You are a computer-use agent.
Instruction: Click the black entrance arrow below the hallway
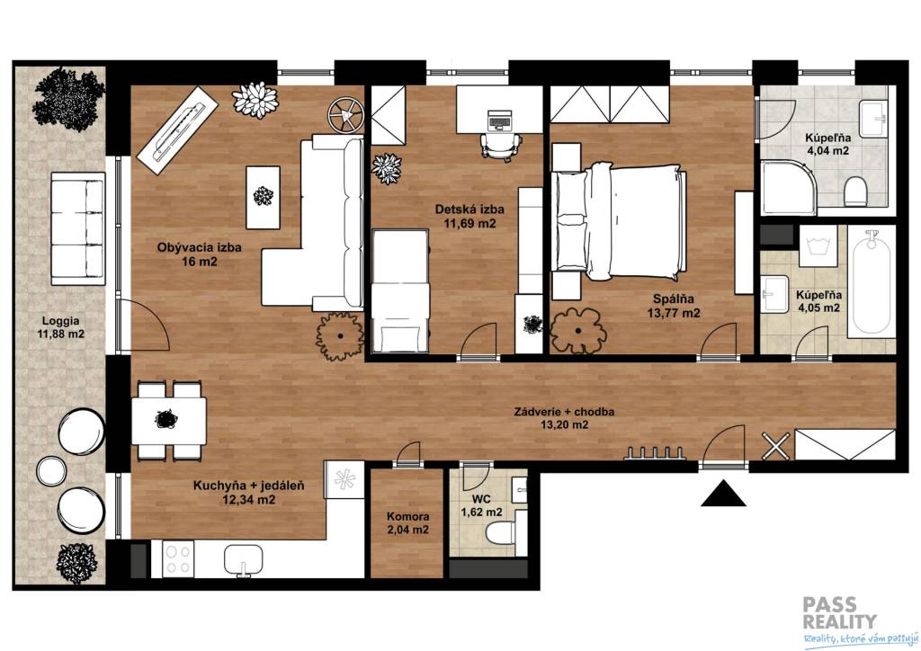(x=723, y=495)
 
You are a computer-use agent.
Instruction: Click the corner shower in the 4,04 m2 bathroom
(x=787, y=187)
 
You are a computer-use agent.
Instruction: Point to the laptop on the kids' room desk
(x=499, y=120)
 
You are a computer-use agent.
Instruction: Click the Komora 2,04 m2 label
(x=407, y=523)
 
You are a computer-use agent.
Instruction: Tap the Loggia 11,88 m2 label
(x=60, y=327)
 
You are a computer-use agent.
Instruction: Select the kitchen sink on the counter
(x=243, y=560)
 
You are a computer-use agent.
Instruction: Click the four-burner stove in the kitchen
(x=179, y=558)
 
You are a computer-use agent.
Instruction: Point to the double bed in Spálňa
(x=619, y=222)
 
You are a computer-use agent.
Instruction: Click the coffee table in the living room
(x=263, y=197)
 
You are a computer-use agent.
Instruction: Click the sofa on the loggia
(x=78, y=228)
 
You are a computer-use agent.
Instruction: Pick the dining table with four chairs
(x=169, y=421)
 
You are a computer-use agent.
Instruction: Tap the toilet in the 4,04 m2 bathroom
(x=855, y=192)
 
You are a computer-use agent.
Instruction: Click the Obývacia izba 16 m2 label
(x=199, y=254)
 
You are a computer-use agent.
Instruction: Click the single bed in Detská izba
(x=400, y=290)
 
